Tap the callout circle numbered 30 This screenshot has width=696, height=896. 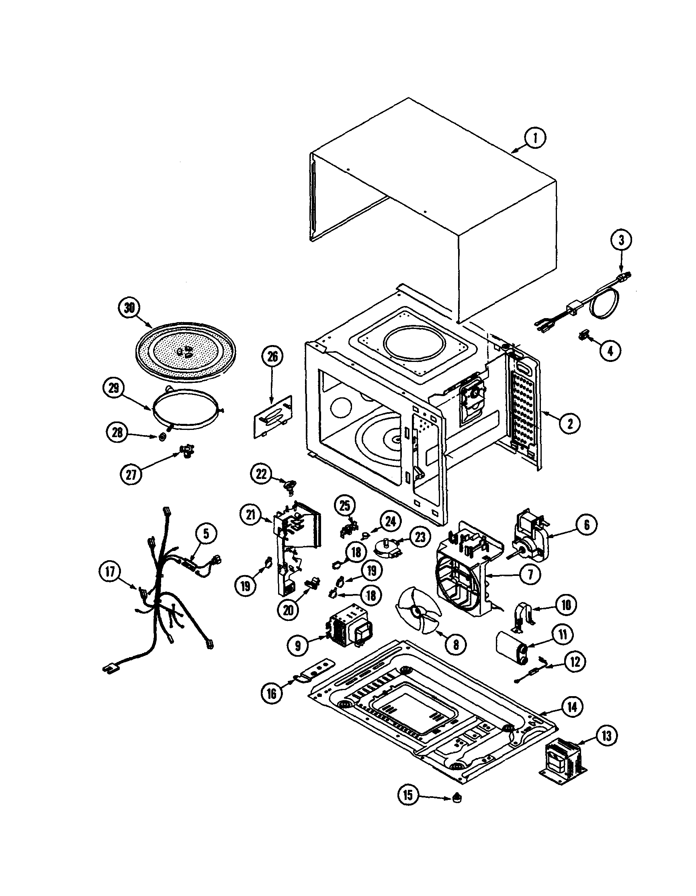(129, 308)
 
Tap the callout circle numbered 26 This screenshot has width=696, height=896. (272, 357)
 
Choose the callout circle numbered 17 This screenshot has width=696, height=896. (111, 571)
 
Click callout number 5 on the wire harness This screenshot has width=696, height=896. (206, 533)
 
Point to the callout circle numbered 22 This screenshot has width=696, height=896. (261, 475)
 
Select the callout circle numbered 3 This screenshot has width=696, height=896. (621, 240)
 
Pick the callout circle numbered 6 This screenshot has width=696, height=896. (587, 525)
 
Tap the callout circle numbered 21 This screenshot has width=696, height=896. (251, 516)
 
